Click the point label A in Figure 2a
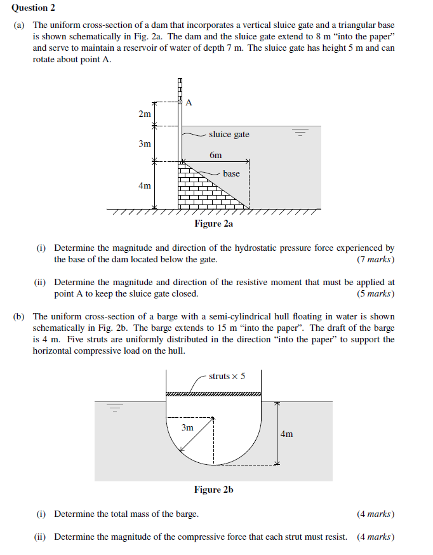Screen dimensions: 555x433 [189, 102]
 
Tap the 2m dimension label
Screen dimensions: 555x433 [145, 114]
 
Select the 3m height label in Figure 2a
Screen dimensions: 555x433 [145, 144]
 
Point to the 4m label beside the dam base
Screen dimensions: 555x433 [145, 185]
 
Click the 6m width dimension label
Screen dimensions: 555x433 [216, 155]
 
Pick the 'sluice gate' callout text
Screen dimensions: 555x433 [229, 134]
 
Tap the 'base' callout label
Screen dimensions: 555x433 [231, 173]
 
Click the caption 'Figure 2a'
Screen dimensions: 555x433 [214, 224]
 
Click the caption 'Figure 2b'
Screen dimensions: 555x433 [214, 490]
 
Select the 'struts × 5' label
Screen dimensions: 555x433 [227, 376]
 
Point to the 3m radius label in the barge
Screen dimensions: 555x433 [187, 427]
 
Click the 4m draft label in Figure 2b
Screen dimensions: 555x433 [286, 434]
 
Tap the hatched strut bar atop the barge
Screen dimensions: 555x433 [213, 394]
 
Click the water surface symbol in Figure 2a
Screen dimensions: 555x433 [299, 133]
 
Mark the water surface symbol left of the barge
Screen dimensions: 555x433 [115, 408]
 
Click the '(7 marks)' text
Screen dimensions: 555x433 [375, 259]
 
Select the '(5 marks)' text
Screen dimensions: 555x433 [375, 293]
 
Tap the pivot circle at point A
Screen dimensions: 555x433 [181, 102]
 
